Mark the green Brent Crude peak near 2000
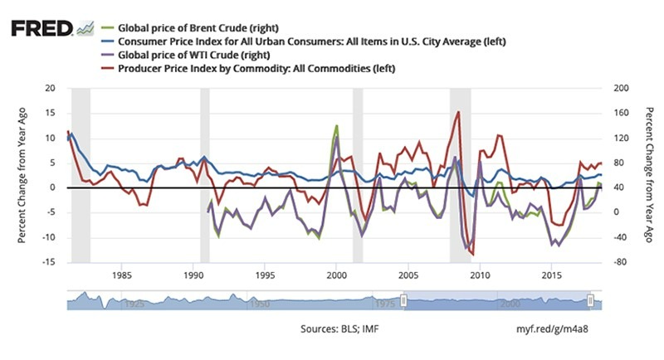pyautogui.click(x=336, y=126)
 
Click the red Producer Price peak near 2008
pyautogui.click(x=458, y=112)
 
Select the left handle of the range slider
pyautogui.click(x=404, y=299)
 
